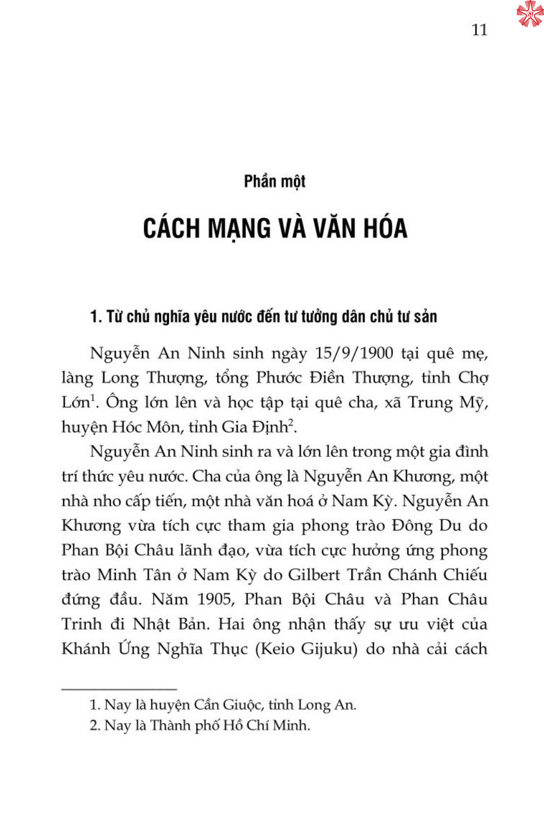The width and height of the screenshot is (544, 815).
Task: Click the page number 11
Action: [x=479, y=29]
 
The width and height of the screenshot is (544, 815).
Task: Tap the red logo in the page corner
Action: [x=529, y=14]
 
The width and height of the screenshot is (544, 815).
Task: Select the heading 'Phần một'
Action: [x=275, y=181]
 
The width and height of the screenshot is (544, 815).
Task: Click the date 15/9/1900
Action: [x=354, y=353]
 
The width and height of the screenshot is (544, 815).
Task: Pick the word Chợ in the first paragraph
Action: [x=473, y=378]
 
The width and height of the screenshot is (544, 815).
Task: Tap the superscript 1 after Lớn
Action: [x=93, y=398]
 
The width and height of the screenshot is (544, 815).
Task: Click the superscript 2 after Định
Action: [x=290, y=423]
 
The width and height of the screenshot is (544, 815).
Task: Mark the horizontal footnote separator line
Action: [x=119, y=689]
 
